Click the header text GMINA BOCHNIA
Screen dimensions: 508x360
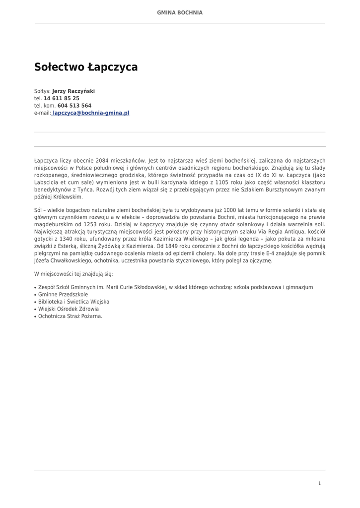click(x=180, y=13)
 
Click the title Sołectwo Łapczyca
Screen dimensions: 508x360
click(x=86, y=67)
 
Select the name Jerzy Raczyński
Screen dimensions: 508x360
click(x=73, y=91)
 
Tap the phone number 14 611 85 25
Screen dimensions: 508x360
click(x=62, y=99)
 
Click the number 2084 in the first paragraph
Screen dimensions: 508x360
click(x=106, y=161)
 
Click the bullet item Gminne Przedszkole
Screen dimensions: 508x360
click(x=63, y=295)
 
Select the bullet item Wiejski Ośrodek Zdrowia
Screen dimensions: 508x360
click(x=69, y=309)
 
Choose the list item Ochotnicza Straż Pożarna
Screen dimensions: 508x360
click(x=70, y=316)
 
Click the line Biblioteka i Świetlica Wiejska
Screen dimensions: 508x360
click(x=73, y=302)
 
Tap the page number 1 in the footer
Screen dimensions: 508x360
click(x=319, y=483)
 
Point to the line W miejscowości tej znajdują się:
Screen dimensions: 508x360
click(x=73, y=274)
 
